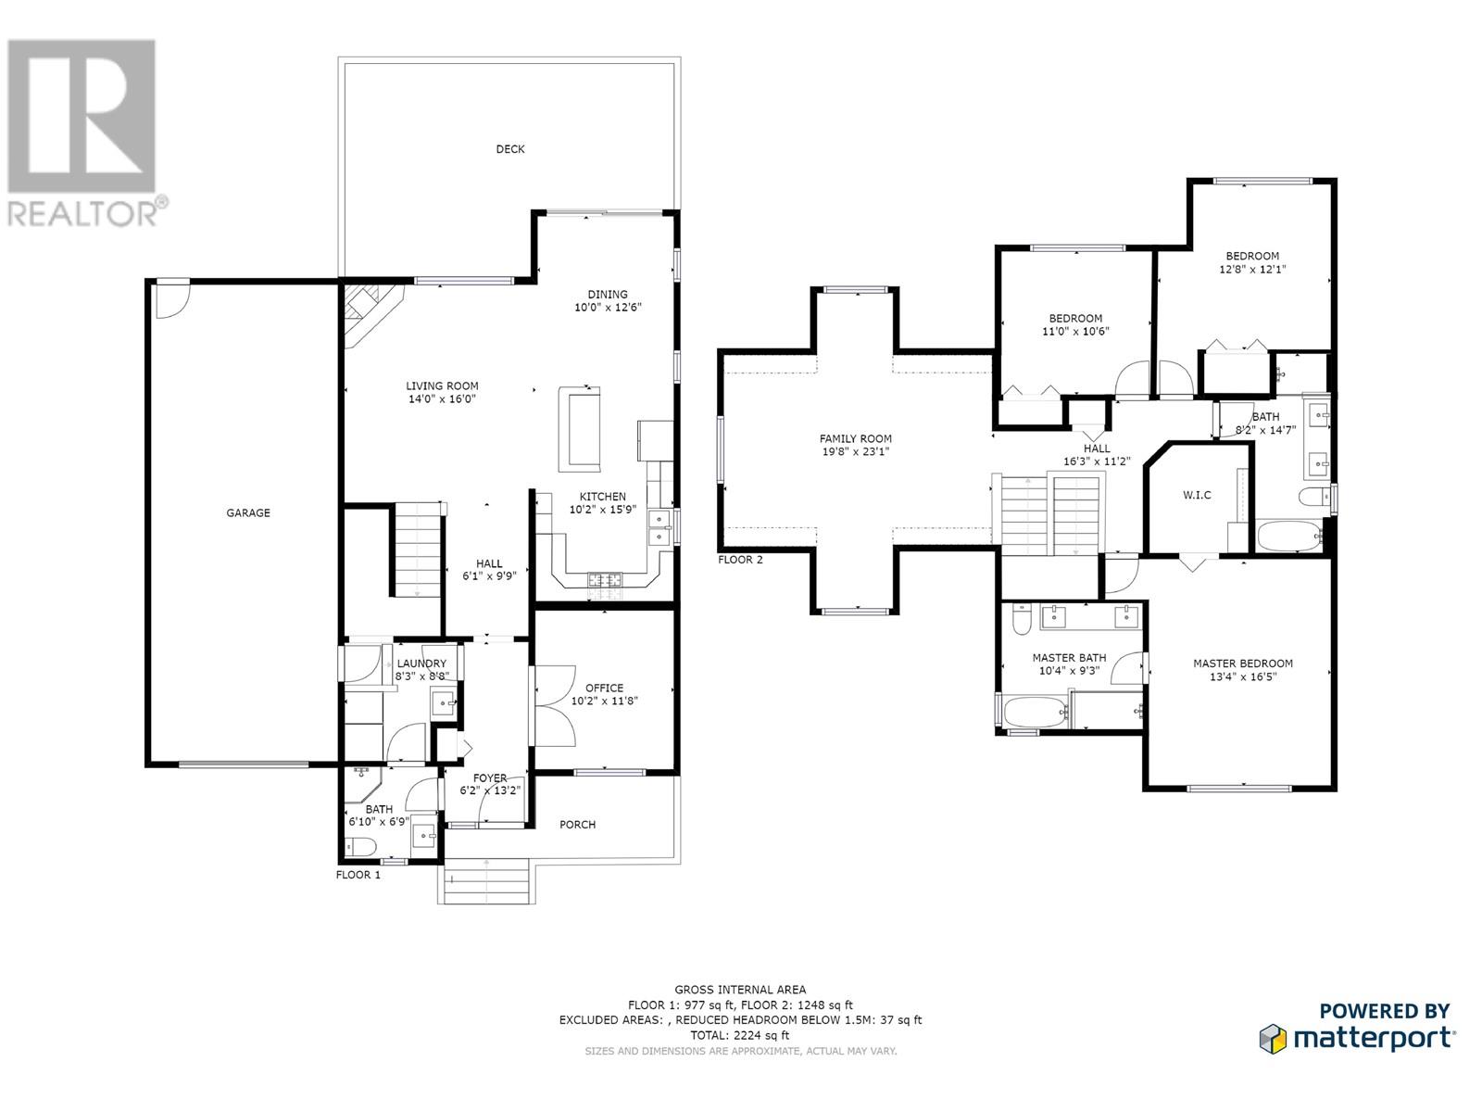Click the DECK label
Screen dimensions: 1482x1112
[509, 149]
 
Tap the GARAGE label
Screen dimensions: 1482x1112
[248, 513]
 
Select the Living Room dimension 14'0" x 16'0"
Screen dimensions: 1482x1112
[442, 399]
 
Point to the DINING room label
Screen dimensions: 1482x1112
[607, 295]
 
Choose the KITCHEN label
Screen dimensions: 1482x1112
[602, 497]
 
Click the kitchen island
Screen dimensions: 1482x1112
[579, 429]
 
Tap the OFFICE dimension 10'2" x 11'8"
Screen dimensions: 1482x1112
[604, 701]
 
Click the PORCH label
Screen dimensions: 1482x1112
[577, 825]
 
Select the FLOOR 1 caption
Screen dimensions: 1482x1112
[358, 875]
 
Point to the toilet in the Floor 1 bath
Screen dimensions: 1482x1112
[360, 847]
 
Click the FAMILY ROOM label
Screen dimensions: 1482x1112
[856, 439]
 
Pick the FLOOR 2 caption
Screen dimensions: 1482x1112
[740, 560]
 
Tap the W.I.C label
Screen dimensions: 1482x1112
[1197, 496]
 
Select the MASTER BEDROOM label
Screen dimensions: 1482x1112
[1242, 663]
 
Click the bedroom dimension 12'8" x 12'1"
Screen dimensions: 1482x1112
[1252, 270]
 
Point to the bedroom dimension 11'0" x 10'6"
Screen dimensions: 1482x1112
[1075, 332]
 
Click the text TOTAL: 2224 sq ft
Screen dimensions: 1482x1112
[739, 1035]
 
